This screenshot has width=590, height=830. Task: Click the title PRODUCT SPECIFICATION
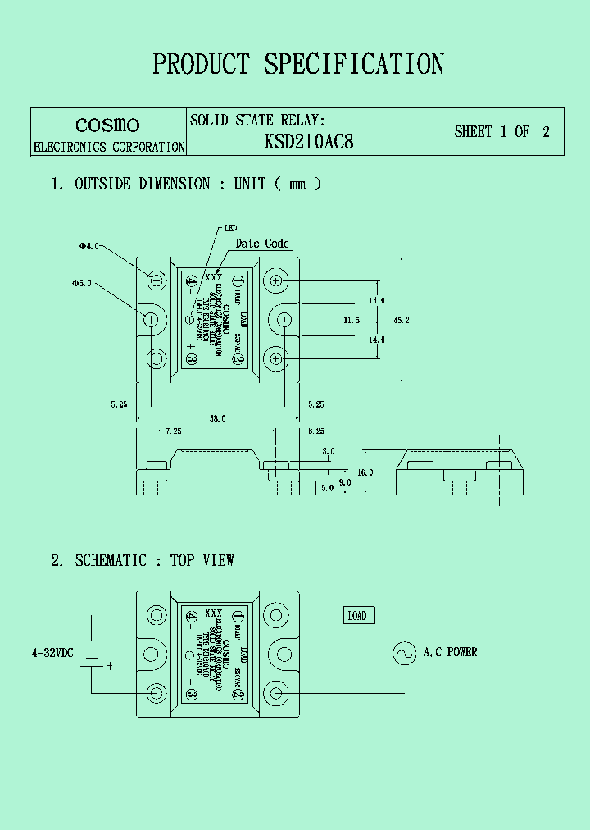coord(298,64)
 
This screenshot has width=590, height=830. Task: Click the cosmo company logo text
coord(107,125)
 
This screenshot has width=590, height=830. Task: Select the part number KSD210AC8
coord(309,141)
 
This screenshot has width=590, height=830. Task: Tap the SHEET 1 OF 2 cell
coord(502,131)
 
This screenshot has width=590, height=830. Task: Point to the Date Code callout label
coord(262,244)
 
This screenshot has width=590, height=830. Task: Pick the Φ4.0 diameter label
coord(88,245)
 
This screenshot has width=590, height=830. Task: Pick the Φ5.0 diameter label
coord(81,284)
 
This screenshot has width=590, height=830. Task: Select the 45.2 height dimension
coord(402,319)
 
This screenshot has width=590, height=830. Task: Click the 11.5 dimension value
coord(351,320)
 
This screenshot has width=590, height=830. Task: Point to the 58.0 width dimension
coord(217,418)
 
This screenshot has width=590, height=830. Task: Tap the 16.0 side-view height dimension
coord(365,472)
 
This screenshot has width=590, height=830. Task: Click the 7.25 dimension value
coord(172,431)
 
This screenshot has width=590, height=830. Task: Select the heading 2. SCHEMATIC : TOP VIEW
coord(143,560)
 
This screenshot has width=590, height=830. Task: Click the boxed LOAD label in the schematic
coord(357,616)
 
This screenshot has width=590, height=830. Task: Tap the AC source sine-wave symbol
coord(404,653)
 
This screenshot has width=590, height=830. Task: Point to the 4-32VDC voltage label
coord(52,653)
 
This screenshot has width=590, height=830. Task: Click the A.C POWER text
coord(450,653)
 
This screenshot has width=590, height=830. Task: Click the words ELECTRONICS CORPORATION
coord(108,148)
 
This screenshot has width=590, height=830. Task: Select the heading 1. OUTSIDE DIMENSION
coord(131,184)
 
